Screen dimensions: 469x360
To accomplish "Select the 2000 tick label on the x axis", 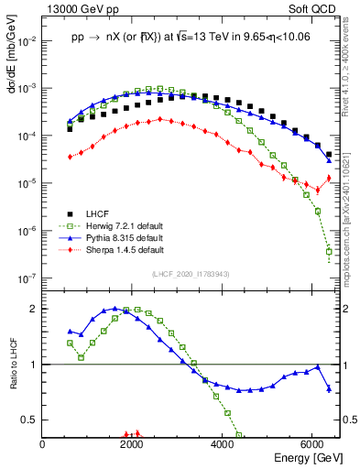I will [133, 444].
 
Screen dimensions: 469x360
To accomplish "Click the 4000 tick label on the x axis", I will [223, 444].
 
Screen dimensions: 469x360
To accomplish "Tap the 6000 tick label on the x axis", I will [312, 444].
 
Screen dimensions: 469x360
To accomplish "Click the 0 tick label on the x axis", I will [43, 444].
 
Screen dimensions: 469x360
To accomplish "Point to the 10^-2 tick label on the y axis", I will [28, 41].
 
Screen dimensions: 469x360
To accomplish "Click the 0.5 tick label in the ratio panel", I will [31, 420].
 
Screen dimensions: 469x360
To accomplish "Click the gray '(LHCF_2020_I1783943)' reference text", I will [189, 274].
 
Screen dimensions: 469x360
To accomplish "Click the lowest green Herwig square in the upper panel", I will [329, 251].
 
